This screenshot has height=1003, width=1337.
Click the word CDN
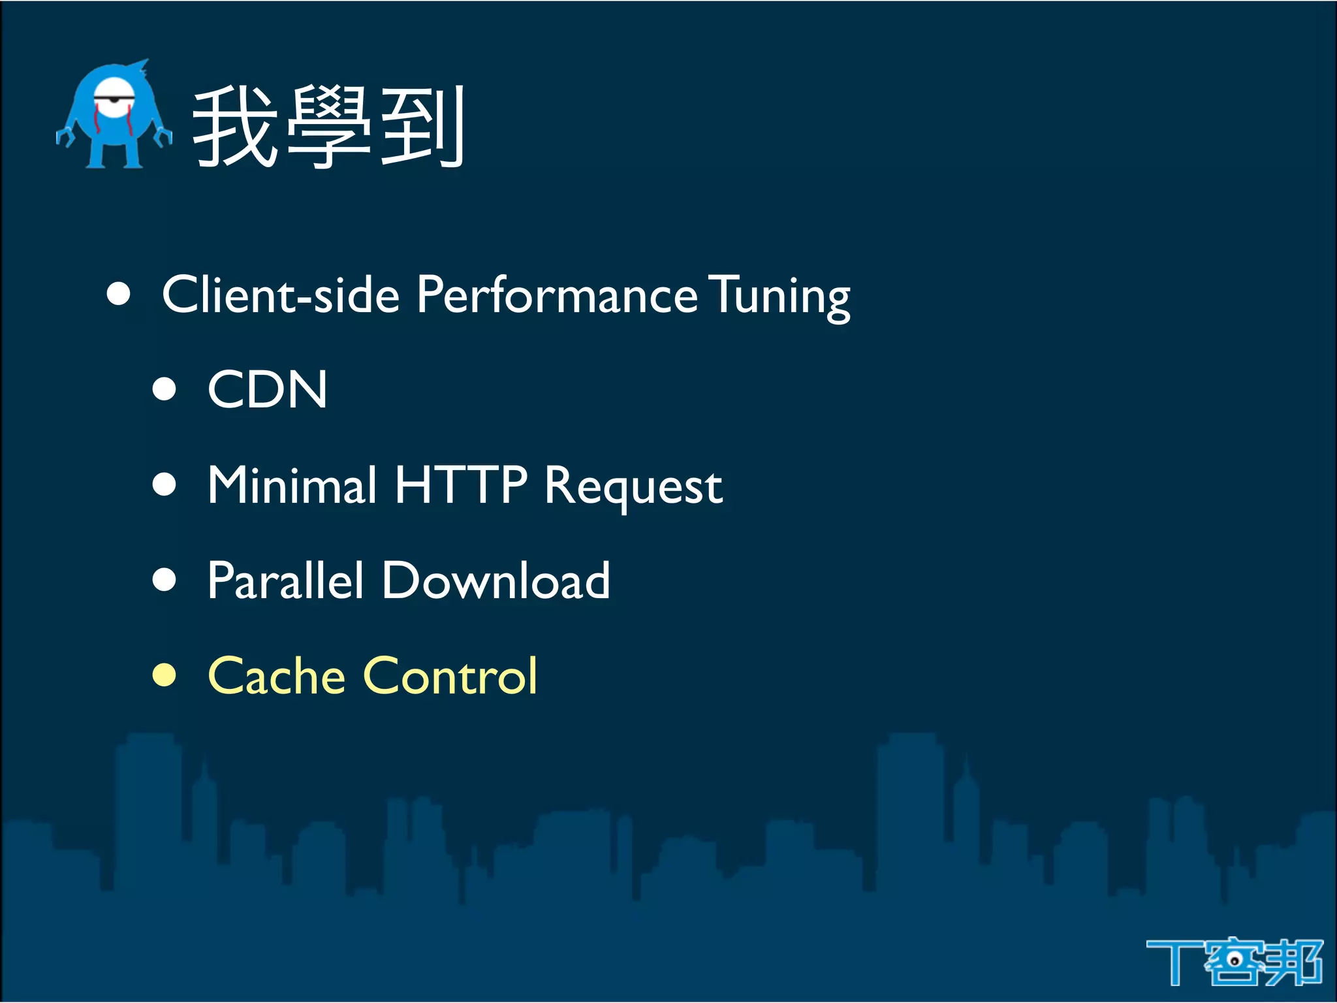pos(267,390)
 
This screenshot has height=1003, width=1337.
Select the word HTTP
pos(461,485)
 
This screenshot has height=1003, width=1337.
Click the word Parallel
pos(285,581)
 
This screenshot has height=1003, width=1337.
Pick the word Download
pos(496,581)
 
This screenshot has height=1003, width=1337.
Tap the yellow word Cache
pos(276,676)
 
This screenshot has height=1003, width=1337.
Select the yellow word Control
pos(450,676)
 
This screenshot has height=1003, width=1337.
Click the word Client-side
pos(281,295)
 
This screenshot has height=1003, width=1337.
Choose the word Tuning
pos(779,297)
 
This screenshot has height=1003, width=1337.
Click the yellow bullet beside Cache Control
pos(165,676)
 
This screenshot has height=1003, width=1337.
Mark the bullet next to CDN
pos(165,389)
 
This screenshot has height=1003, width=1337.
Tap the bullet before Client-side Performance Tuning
pos(119,294)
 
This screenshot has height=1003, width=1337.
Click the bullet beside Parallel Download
pos(165,580)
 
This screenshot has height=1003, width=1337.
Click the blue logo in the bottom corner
pos(1234,961)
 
